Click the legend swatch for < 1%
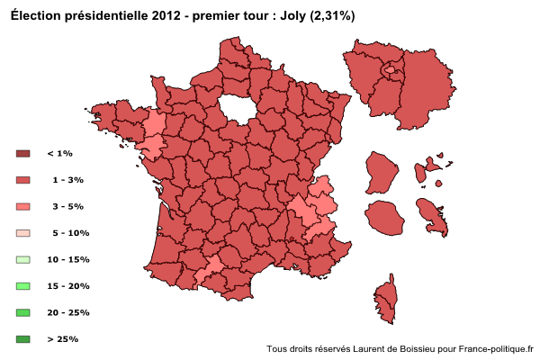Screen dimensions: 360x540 click(x=23, y=154)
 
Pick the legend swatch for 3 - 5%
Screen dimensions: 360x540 click(x=23, y=207)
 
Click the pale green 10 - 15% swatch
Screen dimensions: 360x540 click(x=23, y=260)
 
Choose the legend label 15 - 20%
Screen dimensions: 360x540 click(x=67, y=286)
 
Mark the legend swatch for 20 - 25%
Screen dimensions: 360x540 click(x=23, y=313)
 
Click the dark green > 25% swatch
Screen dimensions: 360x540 click(x=23, y=339)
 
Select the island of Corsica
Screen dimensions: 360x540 click(x=386, y=301)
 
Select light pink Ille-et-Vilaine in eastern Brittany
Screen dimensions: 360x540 click(x=156, y=122)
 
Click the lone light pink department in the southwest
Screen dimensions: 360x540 click(x=211, y=267)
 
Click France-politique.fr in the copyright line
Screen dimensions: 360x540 click(x=496, y=349)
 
